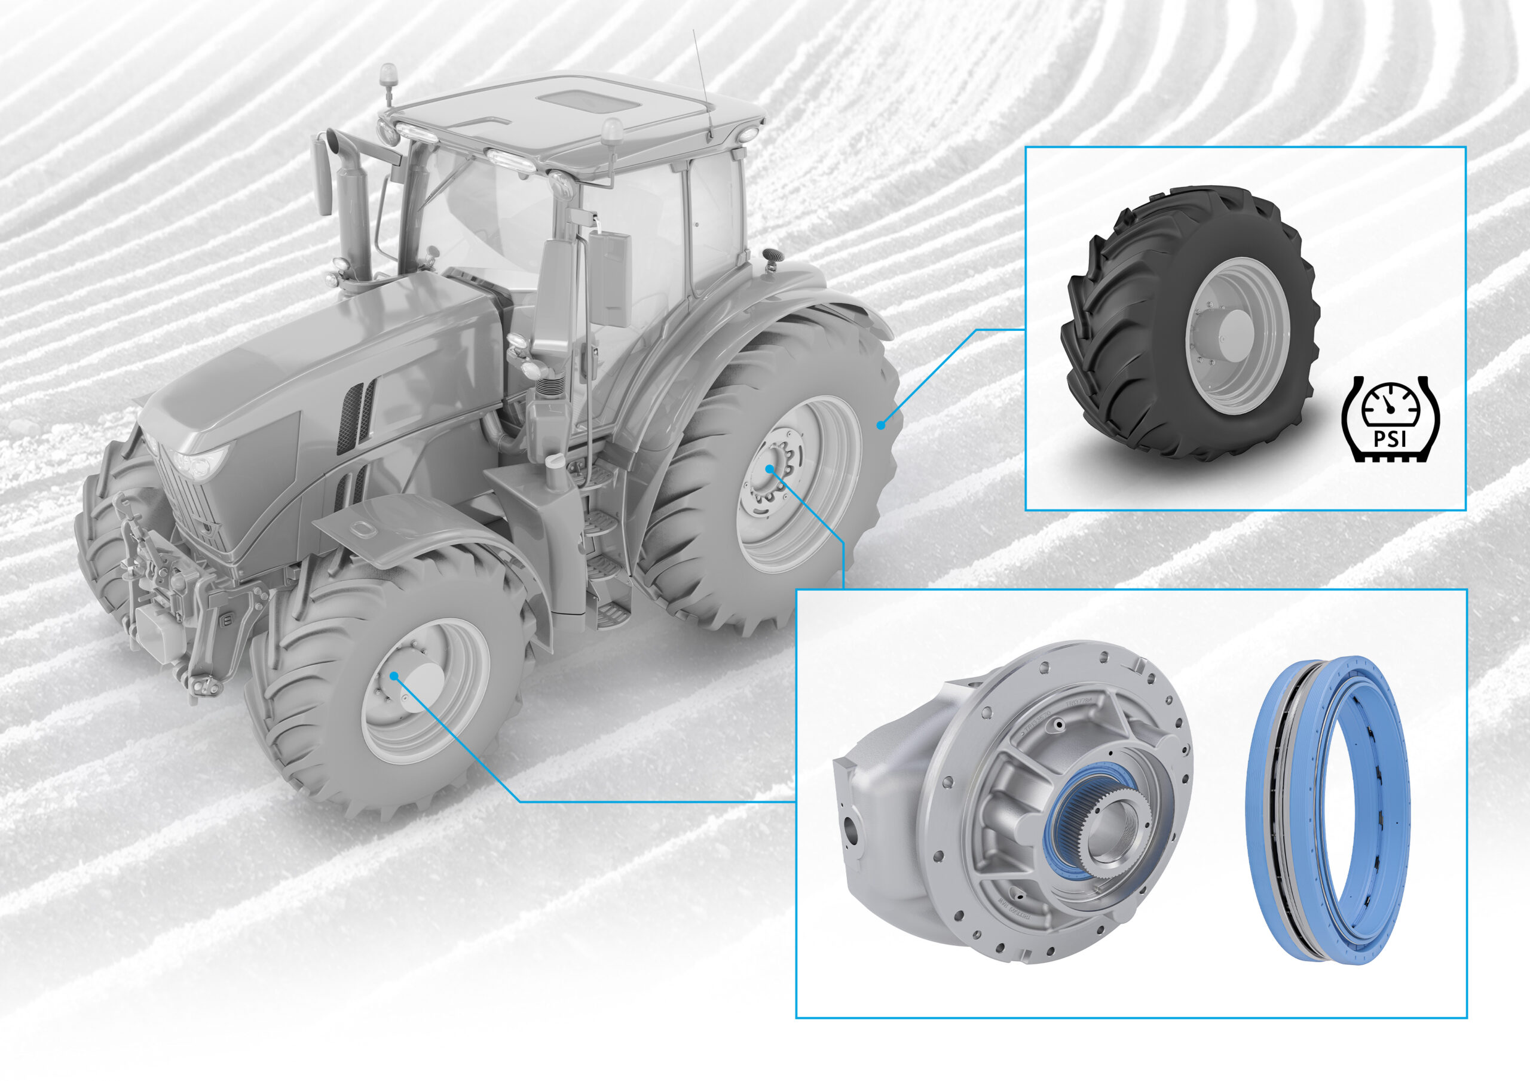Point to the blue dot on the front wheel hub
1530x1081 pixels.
(x=394, y=675)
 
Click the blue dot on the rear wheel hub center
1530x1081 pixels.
(x=769, y=469)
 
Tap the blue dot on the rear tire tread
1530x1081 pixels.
(x=880, y=424)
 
